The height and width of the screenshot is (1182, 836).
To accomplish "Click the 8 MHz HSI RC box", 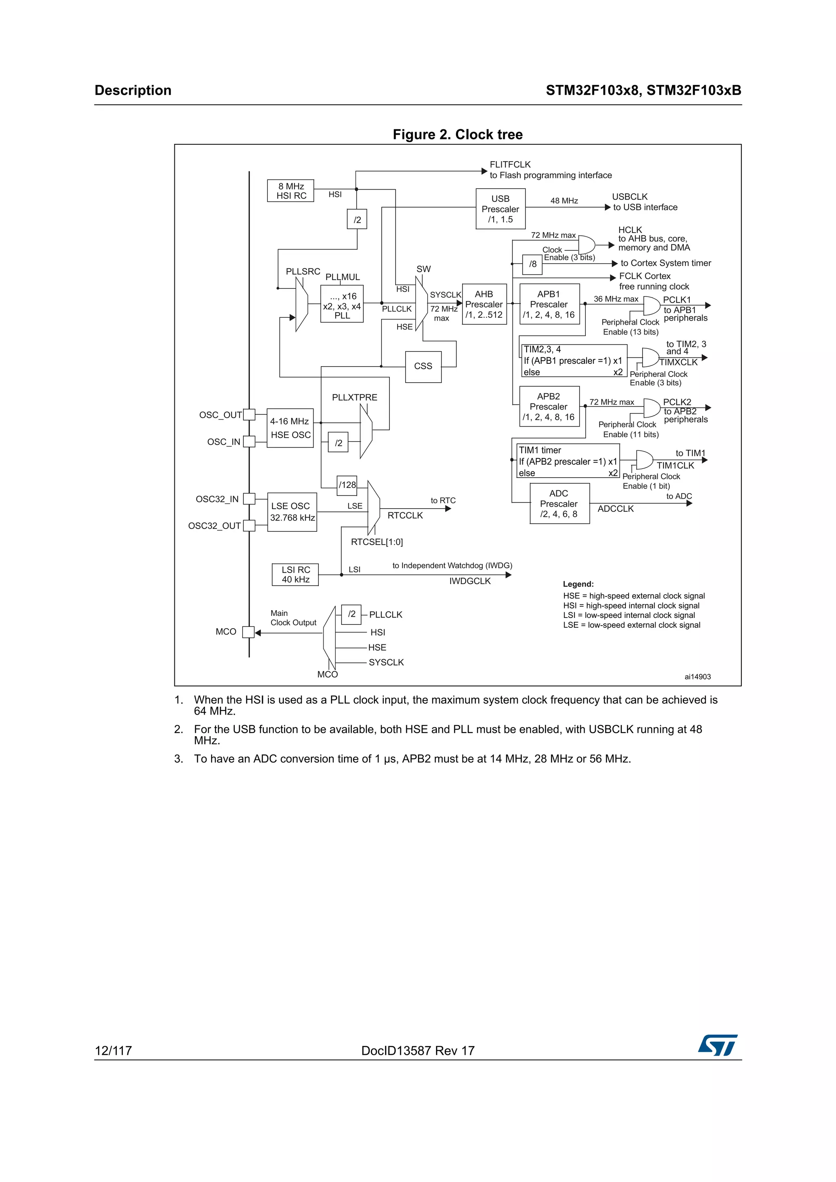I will click(x=291, y=191).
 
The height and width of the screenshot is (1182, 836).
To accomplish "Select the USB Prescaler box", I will click(x=500, y=209).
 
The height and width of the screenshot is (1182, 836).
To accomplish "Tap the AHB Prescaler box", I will click(x=484, y=304).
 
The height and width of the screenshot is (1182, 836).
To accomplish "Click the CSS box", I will click(x=423, y=367).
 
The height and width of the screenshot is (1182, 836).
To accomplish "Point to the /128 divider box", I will click(x=347, y=485).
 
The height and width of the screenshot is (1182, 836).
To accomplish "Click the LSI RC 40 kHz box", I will click(x=295, y=575).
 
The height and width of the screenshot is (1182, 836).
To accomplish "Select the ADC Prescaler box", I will click(x=559, y=503).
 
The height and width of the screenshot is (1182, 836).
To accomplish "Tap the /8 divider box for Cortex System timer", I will click(x=533, y=264).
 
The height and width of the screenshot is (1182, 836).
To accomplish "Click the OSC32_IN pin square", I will click(x=249, y=499).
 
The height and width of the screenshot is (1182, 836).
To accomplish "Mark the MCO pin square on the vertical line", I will click(x=248, y=632).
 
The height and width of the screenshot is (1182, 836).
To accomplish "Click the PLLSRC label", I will click(x=303, y=271).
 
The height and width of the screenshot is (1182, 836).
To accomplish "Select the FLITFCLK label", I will click(x=510, y=165).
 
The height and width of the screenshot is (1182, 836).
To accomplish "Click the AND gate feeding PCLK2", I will click(x=651, y=408).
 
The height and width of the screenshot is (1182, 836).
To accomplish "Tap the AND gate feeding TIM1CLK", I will click(x=644, y=459).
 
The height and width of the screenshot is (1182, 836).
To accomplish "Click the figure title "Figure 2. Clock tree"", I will click(x=458, y=135).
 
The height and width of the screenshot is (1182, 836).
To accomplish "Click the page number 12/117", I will click(x=113, y=1051).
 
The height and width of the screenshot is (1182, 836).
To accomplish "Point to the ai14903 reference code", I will click(x=698, y=677).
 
